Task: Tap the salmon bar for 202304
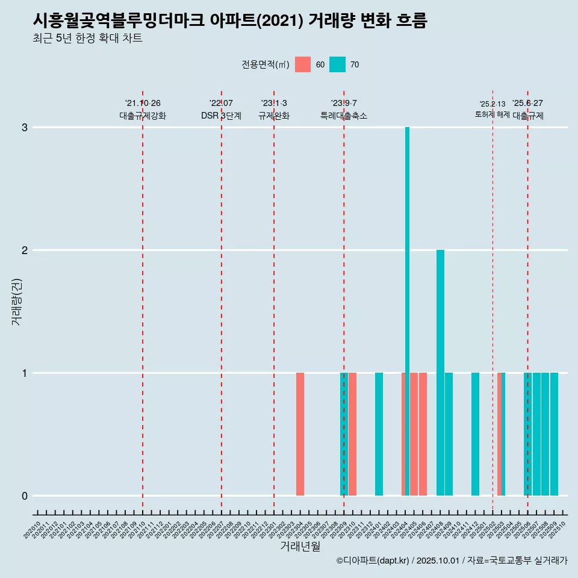point(300,433)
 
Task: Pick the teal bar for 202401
point(379,433)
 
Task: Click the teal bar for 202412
point(475,433)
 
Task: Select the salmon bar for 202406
point(423,433)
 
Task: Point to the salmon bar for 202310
point(353,433)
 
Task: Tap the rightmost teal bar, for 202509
point(554,433)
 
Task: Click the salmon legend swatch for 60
point(303,64)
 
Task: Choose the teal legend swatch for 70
point(338,64)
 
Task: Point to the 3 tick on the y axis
point(25,128)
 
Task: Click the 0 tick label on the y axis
point(25,496)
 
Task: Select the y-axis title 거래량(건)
point(16,301)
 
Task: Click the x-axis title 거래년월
point(300,546)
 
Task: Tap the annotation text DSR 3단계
point(221,116)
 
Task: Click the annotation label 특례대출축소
point(344,116)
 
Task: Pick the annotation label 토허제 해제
point(493,114)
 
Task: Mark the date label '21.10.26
point(143,104)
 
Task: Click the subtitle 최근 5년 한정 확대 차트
point(88,39)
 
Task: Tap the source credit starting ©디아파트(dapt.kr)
point(452,561)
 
